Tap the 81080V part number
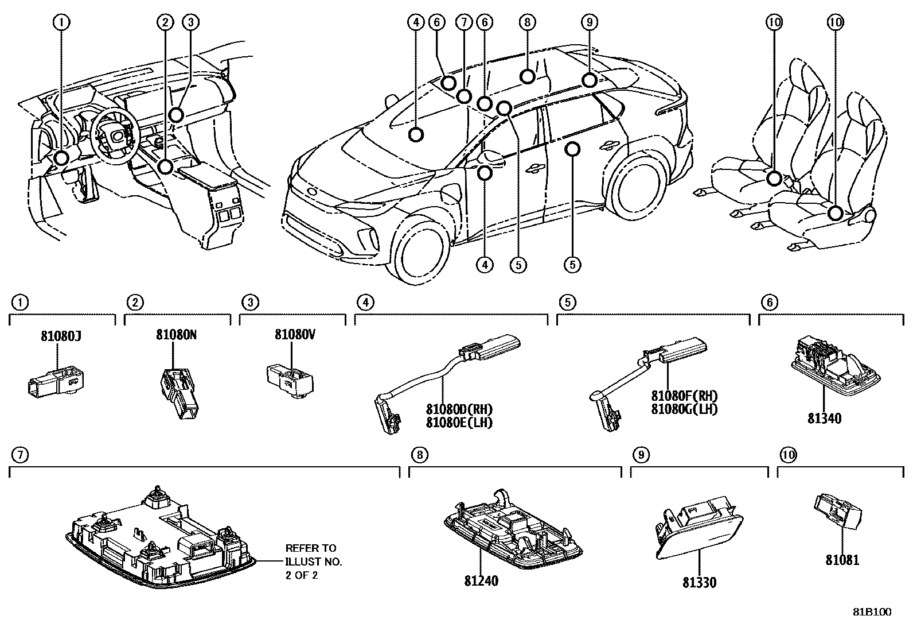[295, 334]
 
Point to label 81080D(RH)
[459, 409]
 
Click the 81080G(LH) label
[684, 409]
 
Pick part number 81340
[825, 419]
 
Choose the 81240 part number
[481, 581]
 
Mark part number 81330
[699, 583]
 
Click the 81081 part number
[842, 559]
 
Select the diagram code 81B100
[871, 612]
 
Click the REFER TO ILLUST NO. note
[314, 562]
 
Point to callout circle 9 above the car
[589, 22]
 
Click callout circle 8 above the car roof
[527, 22]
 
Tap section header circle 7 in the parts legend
[19, 455]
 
